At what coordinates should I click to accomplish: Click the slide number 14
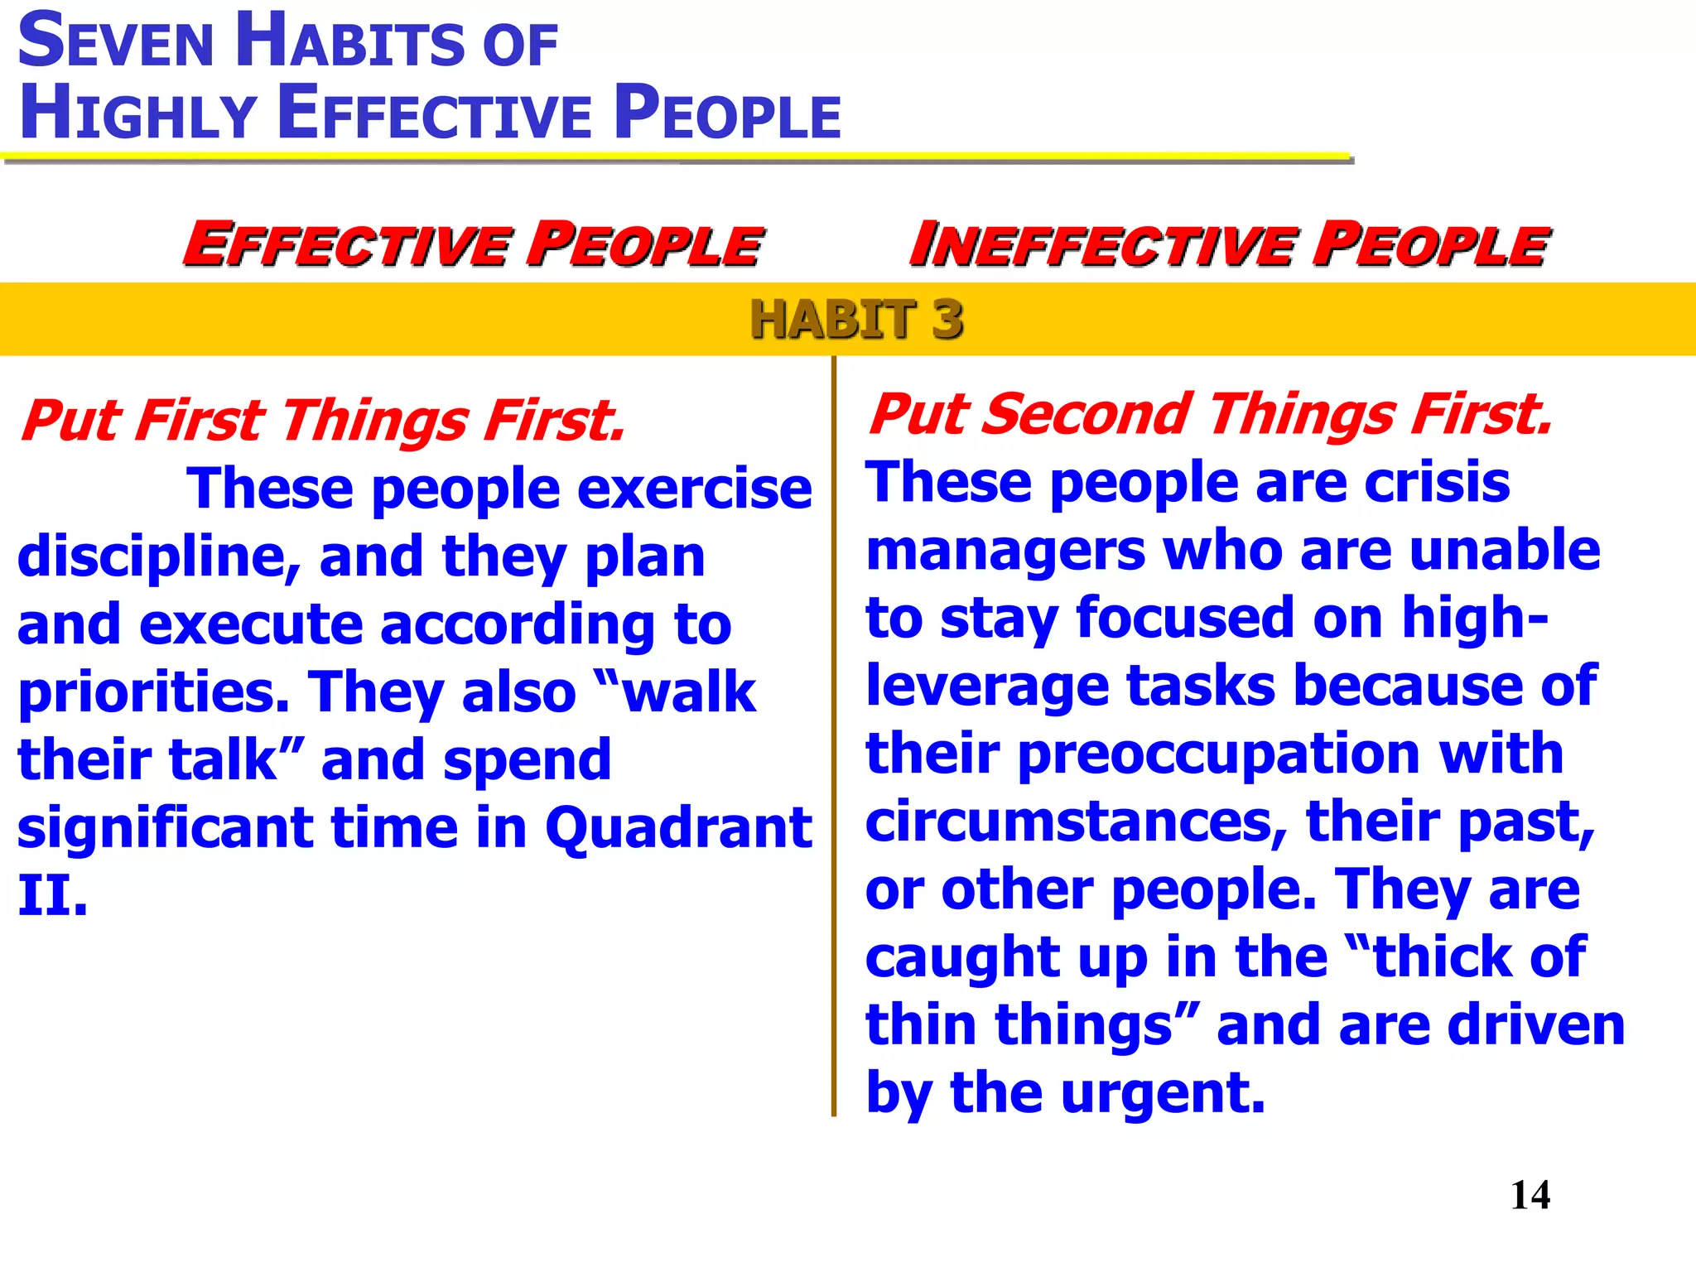point(1530,1195)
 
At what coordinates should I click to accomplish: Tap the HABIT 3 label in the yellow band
point(856,320)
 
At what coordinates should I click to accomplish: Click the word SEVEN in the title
point(116,42)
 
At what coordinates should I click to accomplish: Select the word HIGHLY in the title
point(137,114)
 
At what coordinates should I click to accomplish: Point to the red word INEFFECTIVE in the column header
point(1101,245)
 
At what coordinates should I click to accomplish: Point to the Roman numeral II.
point(52,896)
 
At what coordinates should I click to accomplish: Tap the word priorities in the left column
point(153,692)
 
